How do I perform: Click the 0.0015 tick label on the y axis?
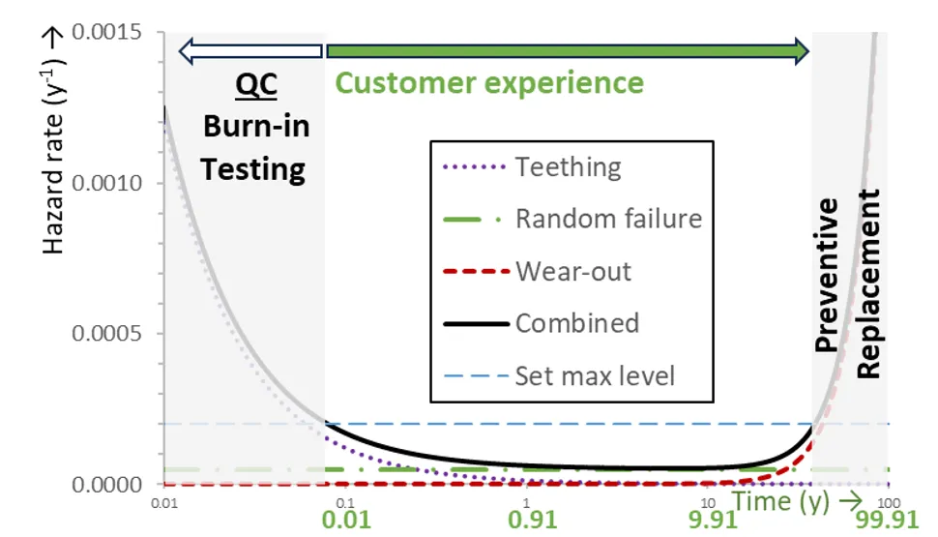[106, 32]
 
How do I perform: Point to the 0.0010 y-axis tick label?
[106, 183]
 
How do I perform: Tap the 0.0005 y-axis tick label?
[106, 333]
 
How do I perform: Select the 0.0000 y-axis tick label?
[106, 485]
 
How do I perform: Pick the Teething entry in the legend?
[532, 167]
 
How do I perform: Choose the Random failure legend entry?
[572, 219]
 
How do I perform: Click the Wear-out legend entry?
[537, 271]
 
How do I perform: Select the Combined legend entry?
[542, 323]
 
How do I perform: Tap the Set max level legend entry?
[559, 376]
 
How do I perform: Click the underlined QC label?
[256, 85]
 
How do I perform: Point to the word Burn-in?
[256, 127]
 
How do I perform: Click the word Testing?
[253, 170]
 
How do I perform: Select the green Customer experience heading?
[489, 82]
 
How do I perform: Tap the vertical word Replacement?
[868, 283]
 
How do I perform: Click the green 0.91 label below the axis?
[533, 520]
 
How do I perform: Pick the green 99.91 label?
[887, 520]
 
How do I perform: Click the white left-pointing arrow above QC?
[250, 51]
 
